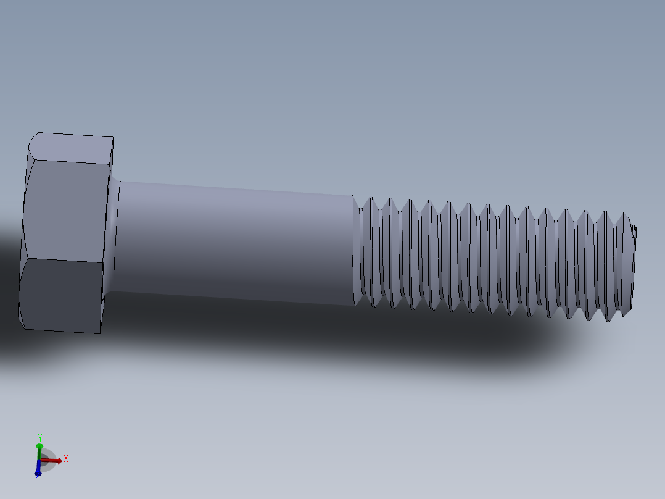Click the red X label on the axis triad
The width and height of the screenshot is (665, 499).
65,458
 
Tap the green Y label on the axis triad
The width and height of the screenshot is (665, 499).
39,437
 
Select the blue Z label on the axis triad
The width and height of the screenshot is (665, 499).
37,477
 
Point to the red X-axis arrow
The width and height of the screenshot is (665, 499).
53,460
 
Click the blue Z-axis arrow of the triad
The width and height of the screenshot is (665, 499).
38,469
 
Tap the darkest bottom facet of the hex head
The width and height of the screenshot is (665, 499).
62,295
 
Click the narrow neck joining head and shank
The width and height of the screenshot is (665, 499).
114,235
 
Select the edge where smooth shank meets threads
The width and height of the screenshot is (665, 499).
353,250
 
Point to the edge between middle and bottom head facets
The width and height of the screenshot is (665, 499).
62,260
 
